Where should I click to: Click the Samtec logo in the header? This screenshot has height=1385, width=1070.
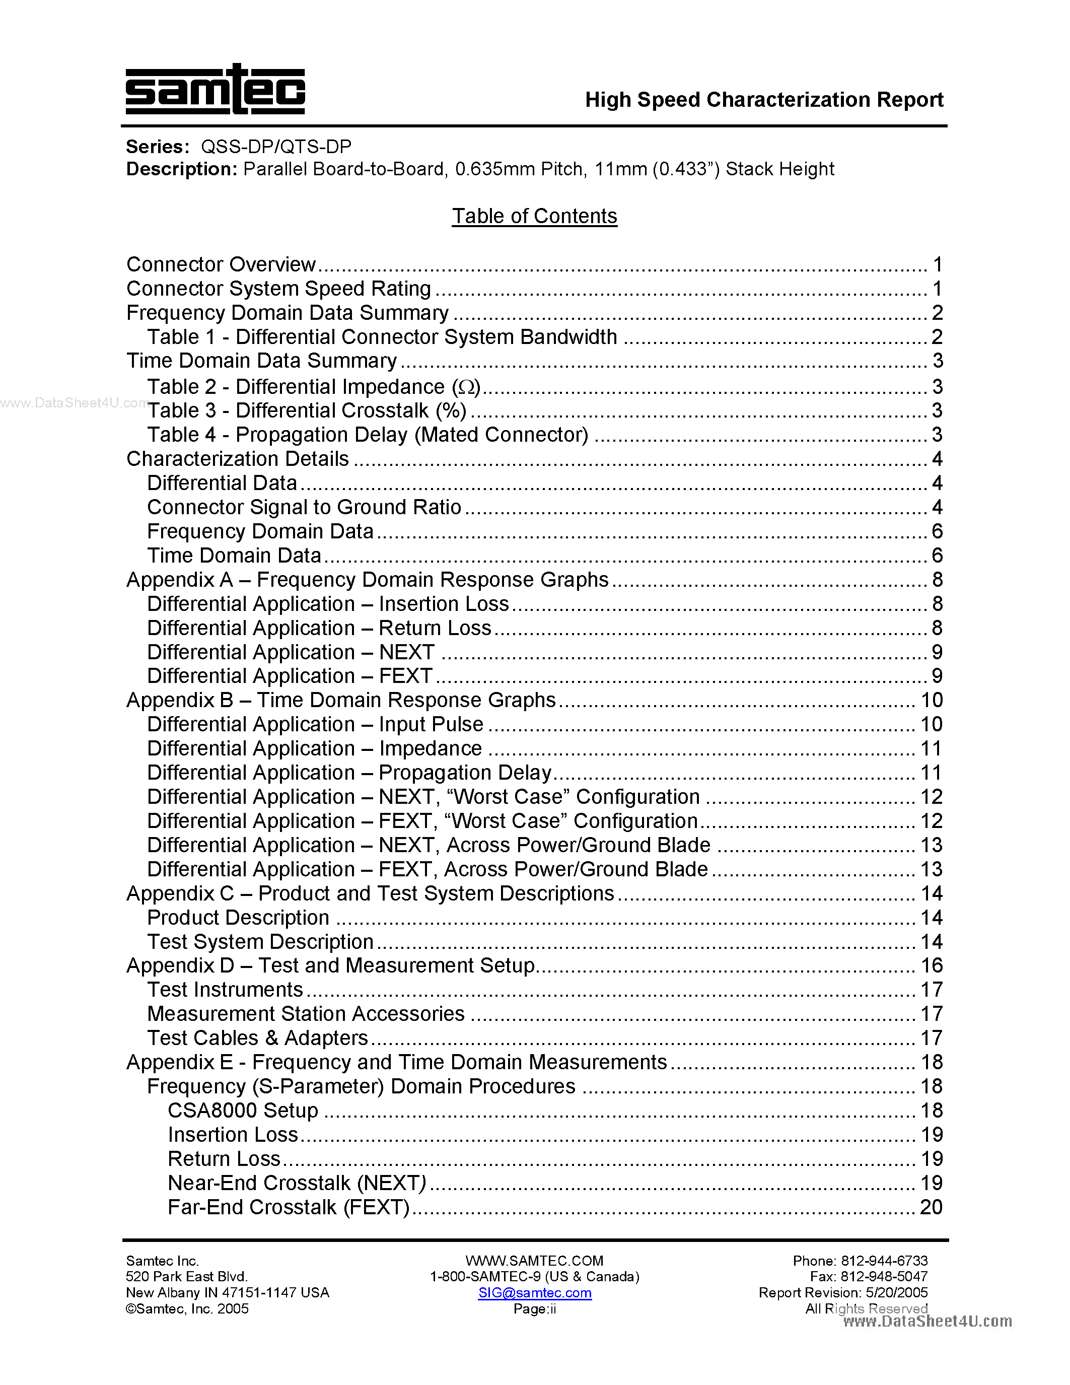(x=215, y=90)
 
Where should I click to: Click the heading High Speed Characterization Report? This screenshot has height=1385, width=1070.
(x=764, y=100)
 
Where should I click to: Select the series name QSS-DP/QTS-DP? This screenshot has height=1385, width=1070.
(x=276, y=147)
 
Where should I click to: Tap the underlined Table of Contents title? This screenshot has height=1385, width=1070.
(x=534, y=216)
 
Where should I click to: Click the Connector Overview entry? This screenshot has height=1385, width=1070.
(x=221, y=264)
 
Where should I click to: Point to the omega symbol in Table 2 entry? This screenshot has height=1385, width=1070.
(x=466, y=387)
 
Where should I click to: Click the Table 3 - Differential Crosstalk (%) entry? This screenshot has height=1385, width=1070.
(x=307, y=411)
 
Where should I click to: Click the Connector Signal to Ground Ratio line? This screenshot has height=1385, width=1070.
(x=304, y=507)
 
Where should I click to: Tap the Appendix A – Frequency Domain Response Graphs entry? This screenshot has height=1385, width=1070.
(x=368, y=580)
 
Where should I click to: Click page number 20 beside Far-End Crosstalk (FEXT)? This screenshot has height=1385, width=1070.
(x=931, y=1207)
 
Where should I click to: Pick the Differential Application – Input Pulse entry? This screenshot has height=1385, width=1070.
(x=315, y=724)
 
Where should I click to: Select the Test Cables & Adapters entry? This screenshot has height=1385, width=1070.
(x=257, y=1038)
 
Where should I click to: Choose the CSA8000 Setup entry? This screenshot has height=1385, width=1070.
(x=243, y=1111)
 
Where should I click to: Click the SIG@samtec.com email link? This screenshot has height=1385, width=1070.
(x=534, y=1292)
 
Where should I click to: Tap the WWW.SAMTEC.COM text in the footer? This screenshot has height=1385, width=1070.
(x=534, y=1261)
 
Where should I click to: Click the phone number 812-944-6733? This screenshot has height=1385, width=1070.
(x=884, y=1261)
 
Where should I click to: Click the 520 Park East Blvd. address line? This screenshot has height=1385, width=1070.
(x=186, y=1277)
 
